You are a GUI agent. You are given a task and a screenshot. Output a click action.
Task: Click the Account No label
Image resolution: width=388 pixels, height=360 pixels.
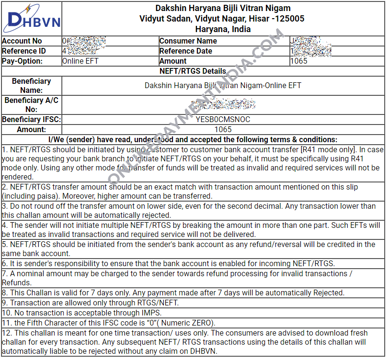click(x=22, y=41)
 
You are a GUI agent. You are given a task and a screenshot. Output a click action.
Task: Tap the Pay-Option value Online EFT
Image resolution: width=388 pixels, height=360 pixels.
click(x=80, y=61)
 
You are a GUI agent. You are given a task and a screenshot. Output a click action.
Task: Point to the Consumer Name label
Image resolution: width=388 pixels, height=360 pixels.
click(x=188, y=41)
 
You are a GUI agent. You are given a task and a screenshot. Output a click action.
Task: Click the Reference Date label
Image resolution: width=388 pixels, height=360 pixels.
click(x=185, y=51)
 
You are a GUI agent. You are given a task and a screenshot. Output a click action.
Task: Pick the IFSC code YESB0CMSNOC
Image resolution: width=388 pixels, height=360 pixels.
click(x=223, y=119)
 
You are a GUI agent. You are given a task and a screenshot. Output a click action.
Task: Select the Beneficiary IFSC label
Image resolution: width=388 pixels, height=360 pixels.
click(x=32, y=119)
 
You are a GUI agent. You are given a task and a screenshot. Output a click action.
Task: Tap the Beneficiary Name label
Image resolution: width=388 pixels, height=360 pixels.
click(x=32, y=86)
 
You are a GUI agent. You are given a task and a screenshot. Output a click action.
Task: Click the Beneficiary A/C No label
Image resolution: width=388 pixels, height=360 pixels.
click(x=32, y=105)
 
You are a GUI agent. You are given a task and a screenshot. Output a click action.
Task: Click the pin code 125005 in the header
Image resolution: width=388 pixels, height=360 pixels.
click(x=289, y=19)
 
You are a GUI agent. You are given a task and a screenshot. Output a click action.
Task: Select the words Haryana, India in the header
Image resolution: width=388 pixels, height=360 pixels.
click(x=223, y=29)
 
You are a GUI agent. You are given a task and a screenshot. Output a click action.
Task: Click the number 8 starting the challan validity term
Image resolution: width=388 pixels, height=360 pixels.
click(x=4, y=293)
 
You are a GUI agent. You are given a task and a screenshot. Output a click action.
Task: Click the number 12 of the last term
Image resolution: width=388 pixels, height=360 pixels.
click(x=6, y=333)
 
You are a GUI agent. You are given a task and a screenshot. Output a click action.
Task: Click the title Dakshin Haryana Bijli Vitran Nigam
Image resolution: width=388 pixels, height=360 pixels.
click(x=223, y=8)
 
